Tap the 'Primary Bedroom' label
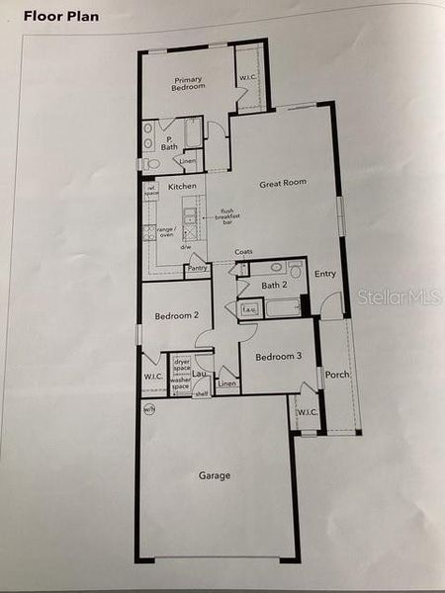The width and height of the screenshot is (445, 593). [x=189, y=83]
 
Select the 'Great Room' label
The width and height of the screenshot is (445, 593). [x=283, y=183]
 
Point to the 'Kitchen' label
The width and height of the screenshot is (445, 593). [x=182, y=186]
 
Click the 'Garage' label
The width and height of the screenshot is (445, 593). [x=215, y=475]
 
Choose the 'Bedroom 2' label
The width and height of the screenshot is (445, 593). [x=177, y=316]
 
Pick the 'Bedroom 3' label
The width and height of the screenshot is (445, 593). [x=278, y=356]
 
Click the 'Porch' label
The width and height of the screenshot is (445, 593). [x=337, y=375]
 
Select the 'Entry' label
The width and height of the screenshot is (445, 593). [x=325, y=274]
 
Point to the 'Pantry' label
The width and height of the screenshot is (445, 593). [x=197, y=268]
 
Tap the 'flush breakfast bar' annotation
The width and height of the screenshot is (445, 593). [x=228, y=214]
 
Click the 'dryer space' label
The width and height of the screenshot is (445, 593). [x=181, y=366]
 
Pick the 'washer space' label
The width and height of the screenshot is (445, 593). [x=180, y=383]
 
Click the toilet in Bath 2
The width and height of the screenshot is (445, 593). [x=295, y=269]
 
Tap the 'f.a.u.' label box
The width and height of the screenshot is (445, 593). [x=250, y=309]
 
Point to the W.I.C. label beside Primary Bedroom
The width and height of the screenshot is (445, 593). [x=247, y=79]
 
